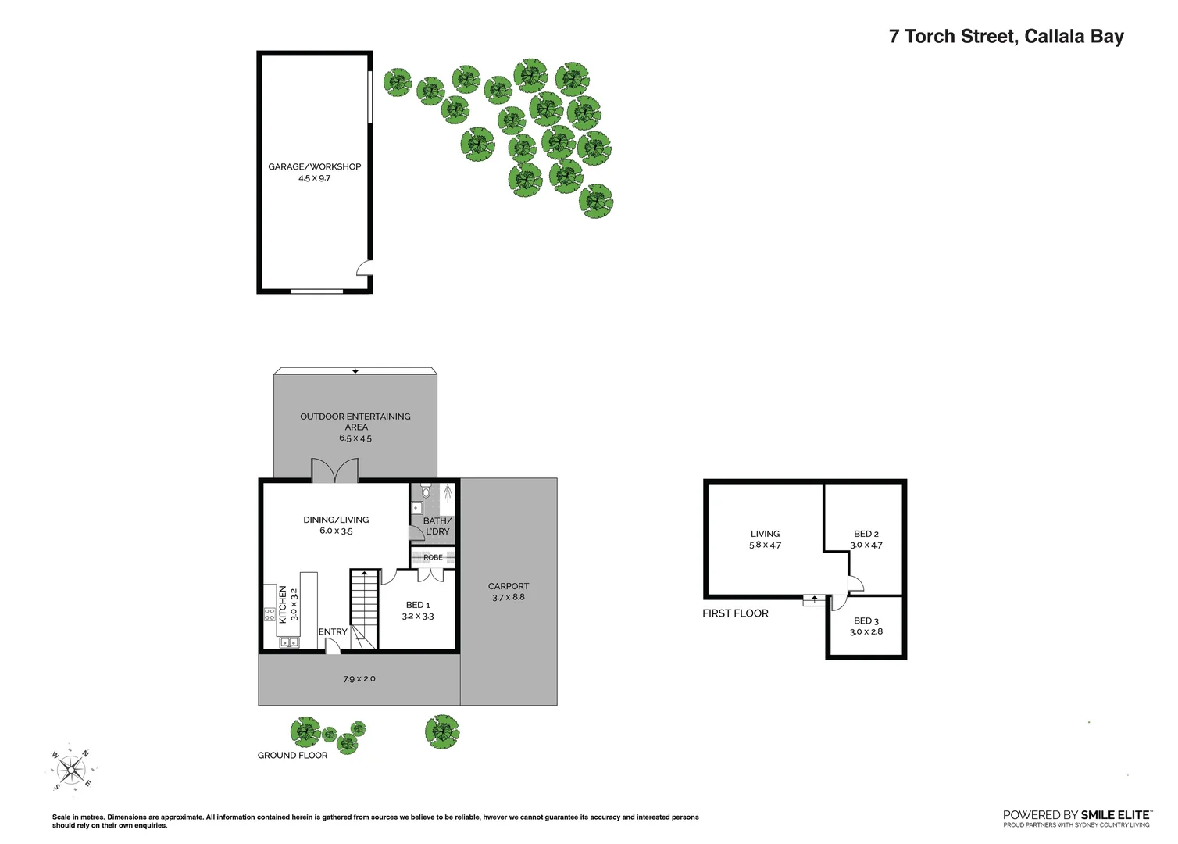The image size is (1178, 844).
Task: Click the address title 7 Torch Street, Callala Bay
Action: [1006, 37]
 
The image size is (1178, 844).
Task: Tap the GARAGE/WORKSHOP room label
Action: [315, 166]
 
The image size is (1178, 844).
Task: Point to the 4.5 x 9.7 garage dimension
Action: [315, 178]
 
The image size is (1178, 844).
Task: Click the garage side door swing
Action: [364, 268]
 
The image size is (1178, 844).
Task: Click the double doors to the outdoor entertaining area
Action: [335, 470]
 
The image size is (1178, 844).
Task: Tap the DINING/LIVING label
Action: [336, 520]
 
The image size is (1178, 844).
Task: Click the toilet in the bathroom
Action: [426, 492]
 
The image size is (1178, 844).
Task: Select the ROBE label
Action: [433, 557]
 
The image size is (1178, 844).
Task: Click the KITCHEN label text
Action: [283, 604]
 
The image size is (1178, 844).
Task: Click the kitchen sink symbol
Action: [289, 642]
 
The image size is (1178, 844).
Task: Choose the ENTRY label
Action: [333, 631]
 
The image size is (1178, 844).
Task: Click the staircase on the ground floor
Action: [364, 610]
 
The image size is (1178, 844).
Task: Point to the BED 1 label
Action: [418, 605]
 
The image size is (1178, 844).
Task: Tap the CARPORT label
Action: [509, 586]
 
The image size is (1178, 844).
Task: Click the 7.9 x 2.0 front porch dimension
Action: [359, 679]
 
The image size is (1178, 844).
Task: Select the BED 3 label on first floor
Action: [866, 620]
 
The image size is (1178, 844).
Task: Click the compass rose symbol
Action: [71, 770]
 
